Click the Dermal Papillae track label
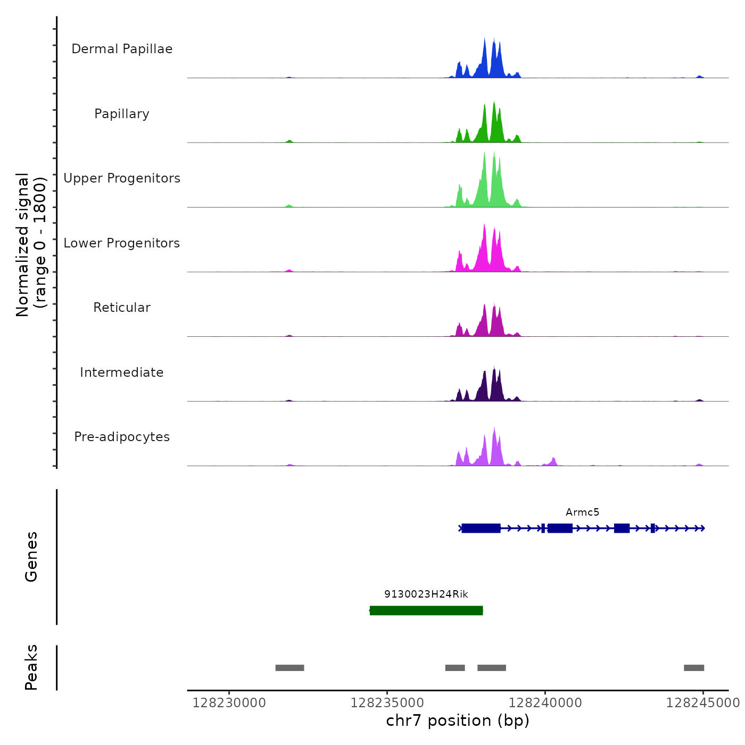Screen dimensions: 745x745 (x=122, y=49)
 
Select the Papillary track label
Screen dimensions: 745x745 (x=122, y=114)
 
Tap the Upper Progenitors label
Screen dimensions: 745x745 (x=122, y=178)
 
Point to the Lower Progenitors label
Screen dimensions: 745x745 (x=122, y=243)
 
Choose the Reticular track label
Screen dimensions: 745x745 (x=122, y=308)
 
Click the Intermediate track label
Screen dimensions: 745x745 (x=122, y=372)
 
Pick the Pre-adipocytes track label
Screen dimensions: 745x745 (x=122, y=437)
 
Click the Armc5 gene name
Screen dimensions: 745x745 (x=582, y=512)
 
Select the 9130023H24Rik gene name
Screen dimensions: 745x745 (x=426, y=594)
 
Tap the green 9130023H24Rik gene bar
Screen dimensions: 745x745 (x=426, y=610)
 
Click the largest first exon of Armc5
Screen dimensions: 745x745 (x=481, y=528)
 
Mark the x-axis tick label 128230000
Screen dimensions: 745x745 (x=229, y=703)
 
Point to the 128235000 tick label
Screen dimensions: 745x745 (x=387, y=703)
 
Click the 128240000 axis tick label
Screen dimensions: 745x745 (x=545, y=703)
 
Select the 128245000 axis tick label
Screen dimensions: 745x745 (x=702, y=703)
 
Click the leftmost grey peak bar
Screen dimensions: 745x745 (x=289, y=668)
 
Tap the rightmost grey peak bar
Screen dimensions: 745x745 (x=694, y=668)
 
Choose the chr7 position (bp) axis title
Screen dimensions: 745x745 (x=458, y=721)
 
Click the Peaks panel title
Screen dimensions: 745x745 (x=31, y=667)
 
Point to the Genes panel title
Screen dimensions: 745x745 (x=31, y=557)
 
